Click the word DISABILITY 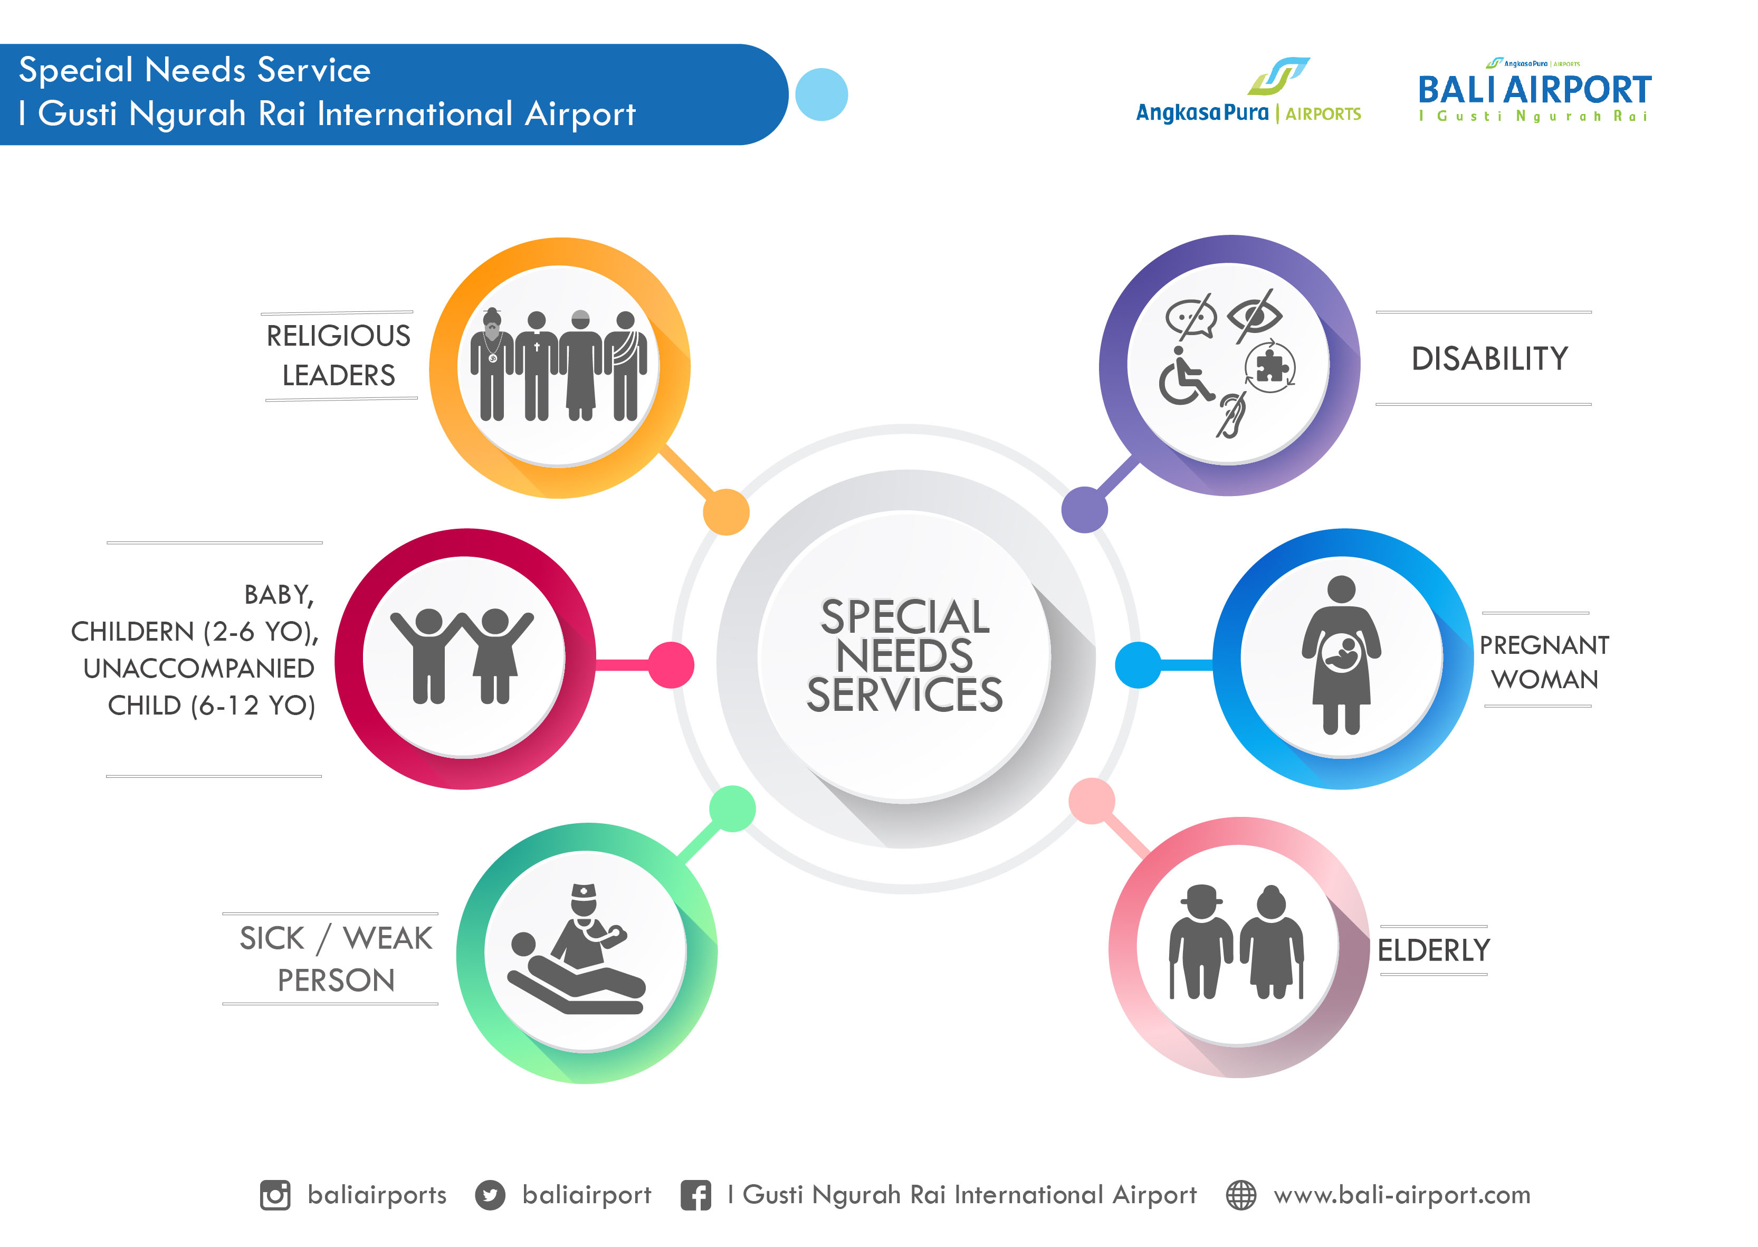1489,359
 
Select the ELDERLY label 1434,950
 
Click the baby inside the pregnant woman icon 1341,653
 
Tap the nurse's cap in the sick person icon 584,891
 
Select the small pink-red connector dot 671,665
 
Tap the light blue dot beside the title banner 821,94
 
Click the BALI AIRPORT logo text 1534,89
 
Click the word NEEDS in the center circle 904,656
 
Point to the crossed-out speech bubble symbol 1191,316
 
